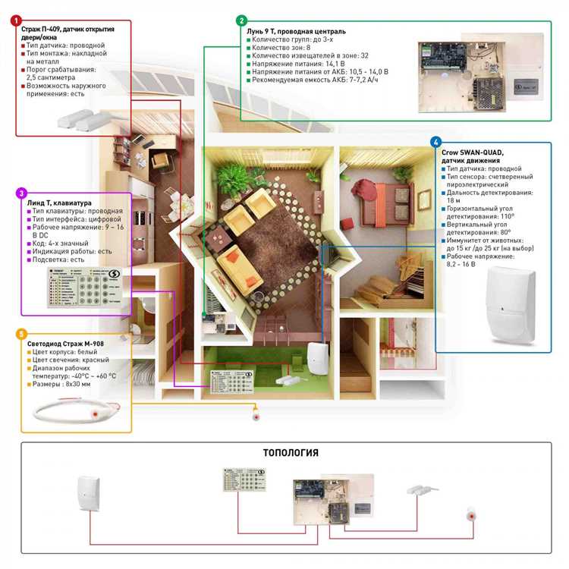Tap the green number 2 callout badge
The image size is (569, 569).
coord(241,20)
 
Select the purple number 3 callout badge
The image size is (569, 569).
coord(22,193)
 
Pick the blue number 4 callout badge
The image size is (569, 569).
coord(435,142)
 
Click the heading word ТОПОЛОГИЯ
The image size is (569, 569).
coord(291,453)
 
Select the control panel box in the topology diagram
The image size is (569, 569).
coord(334,497)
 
